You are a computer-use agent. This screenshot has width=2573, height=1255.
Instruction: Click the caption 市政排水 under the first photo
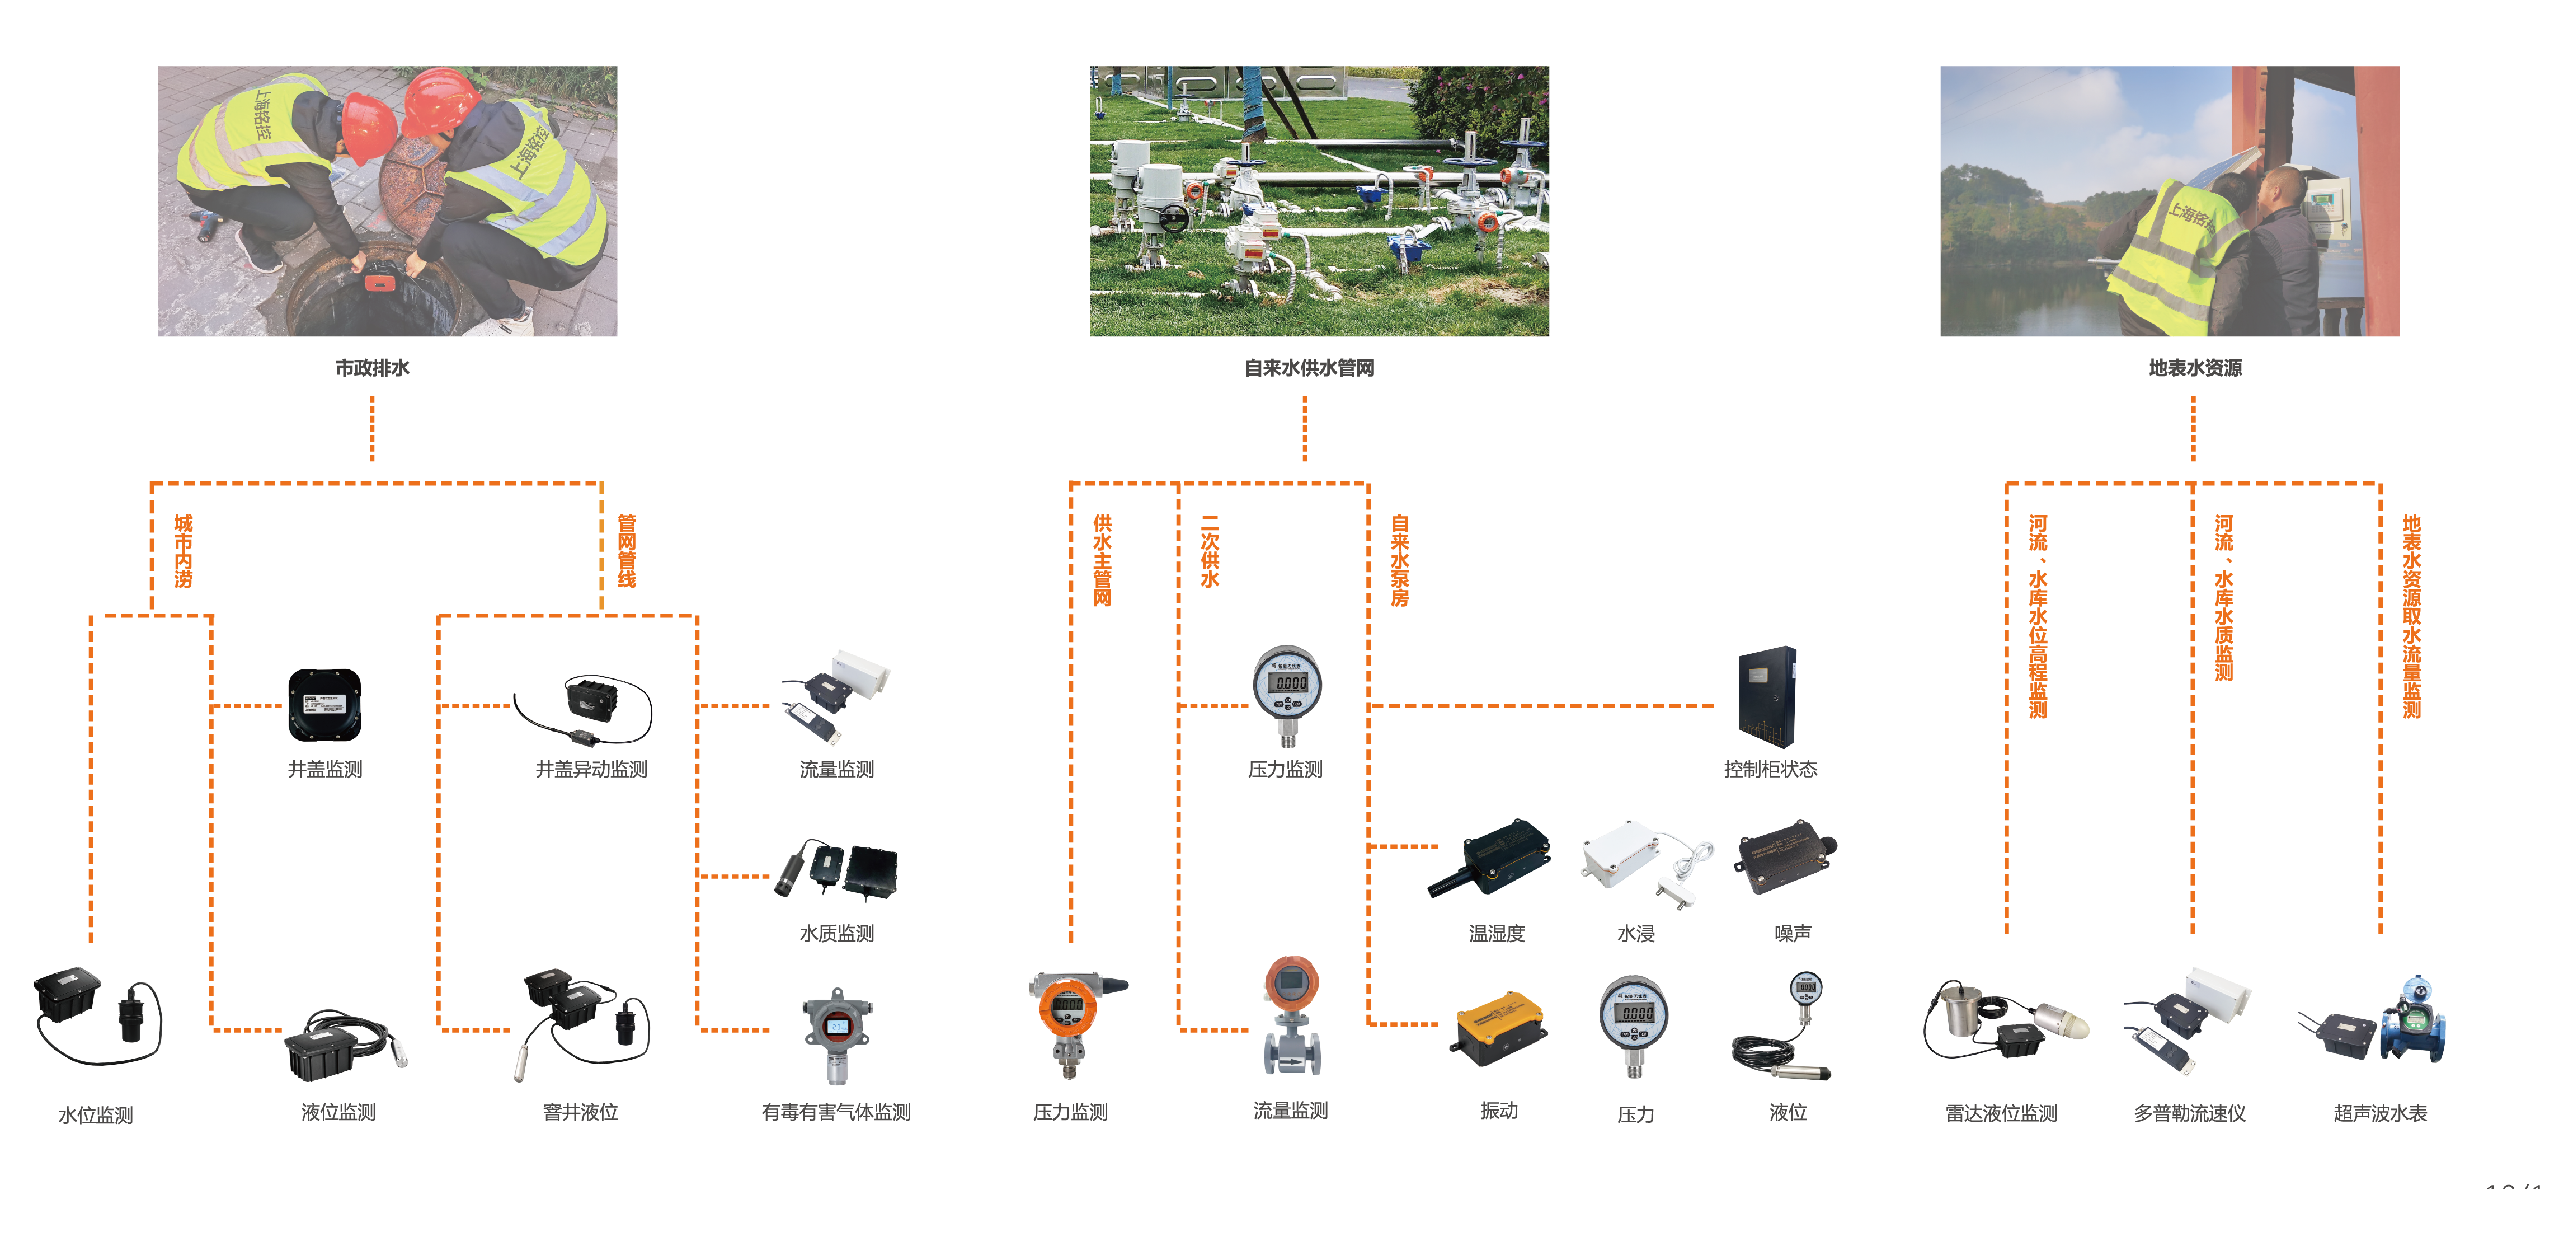(371, 368)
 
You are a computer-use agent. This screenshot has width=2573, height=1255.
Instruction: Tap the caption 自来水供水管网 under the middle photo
(1309, 368)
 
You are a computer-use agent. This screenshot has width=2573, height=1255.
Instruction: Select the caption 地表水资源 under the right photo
(2194, 368)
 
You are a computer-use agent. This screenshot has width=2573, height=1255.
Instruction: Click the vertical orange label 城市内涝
(184, 551)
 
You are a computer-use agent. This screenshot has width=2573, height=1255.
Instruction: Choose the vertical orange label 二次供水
(1210, 551)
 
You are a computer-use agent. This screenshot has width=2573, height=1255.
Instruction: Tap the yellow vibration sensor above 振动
(1498, 1027)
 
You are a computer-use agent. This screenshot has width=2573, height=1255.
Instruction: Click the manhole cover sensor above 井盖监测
(324, 704)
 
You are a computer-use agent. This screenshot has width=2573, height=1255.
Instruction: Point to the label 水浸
(1635, 933)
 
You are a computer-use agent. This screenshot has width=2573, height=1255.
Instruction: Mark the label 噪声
(1792, 933)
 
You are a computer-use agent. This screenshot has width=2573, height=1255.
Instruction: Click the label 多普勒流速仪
(2189, 1113)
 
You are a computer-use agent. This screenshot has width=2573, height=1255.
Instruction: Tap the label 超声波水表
(2380, 1113)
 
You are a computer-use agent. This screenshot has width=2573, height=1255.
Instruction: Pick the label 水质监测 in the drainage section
(836, 933)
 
